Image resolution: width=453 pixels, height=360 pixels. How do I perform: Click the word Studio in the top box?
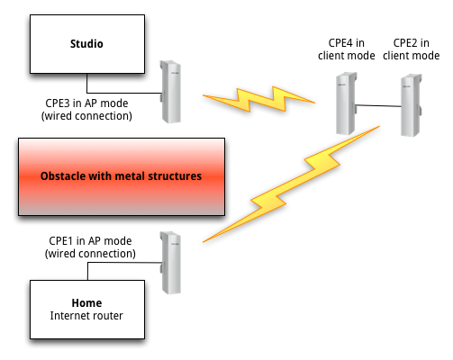(86, 44)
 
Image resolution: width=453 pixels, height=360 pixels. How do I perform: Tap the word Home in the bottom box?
(86, 303)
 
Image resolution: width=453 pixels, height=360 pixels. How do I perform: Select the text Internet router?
(86, 316)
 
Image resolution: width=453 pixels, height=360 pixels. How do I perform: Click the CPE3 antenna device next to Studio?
(170, 92)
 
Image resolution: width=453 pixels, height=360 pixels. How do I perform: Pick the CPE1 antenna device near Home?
(170, 263)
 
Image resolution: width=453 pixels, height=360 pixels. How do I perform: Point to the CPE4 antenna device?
(346, 103)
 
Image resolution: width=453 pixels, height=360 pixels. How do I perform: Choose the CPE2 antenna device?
(412, 105)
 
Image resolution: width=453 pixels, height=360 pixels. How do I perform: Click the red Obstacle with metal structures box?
(122, 176)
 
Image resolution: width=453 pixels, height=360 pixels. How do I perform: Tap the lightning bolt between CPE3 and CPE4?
(258, 99)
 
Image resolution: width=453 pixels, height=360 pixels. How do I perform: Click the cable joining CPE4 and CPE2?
(379, 105)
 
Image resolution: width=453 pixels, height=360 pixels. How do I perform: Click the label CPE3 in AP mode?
(86, 103)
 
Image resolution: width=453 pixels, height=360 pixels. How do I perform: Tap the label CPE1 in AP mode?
(90, 241)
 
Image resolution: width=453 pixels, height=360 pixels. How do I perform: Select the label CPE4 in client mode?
(347, 49)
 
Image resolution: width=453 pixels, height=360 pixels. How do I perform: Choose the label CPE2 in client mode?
(412, 49)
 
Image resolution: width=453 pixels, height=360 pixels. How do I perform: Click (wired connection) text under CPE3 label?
(86, 116)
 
